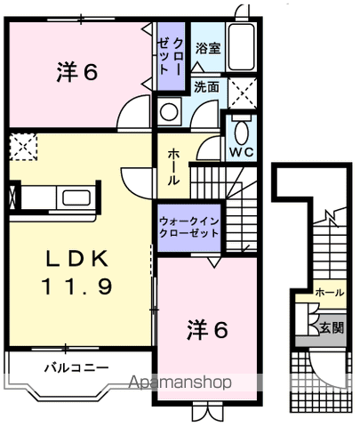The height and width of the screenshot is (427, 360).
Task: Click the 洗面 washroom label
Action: tap(207, 87)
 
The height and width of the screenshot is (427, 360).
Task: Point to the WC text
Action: tap(242, 152)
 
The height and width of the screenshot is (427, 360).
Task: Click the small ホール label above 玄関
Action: tap(329, 292)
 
